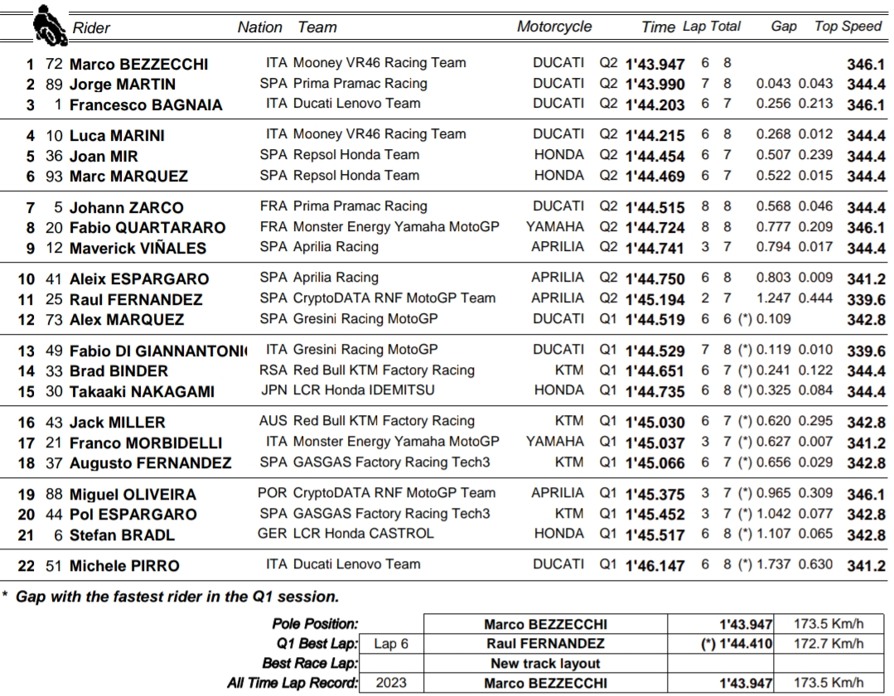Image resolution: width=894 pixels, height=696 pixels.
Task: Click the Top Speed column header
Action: [848, 27]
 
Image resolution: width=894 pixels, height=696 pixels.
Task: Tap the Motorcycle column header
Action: [554, 27]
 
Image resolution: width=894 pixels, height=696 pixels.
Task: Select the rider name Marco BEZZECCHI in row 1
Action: [138, 65]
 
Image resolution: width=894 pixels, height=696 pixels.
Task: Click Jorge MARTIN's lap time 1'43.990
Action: [655, 85]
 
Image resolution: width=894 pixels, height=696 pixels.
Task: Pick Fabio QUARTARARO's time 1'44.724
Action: [655, 228]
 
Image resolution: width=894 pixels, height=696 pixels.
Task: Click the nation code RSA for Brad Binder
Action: [273, 370]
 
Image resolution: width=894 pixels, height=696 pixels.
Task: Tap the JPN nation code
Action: [273, 390]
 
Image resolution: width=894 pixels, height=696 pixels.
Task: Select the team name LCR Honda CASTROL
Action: [363, 534]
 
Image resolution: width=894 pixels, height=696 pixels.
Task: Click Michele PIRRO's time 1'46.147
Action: [655, 566]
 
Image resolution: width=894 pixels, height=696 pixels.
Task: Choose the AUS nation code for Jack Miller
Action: [273, 421]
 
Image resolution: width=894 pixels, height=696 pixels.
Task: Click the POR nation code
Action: [273, 493]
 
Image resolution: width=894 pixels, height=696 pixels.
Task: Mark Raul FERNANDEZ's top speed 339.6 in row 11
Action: [866, 300]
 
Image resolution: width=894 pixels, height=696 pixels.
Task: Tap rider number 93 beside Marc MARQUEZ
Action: [54, 176]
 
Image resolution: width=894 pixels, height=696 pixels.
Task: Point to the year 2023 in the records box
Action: [391, 684]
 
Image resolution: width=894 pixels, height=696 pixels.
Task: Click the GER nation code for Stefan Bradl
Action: [273, 534]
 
